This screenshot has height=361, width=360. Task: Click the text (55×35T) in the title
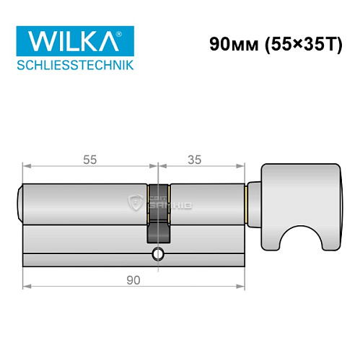[299, 43]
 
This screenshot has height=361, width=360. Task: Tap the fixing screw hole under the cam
[157, 254]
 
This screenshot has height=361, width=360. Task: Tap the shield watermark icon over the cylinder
[134, 204]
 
